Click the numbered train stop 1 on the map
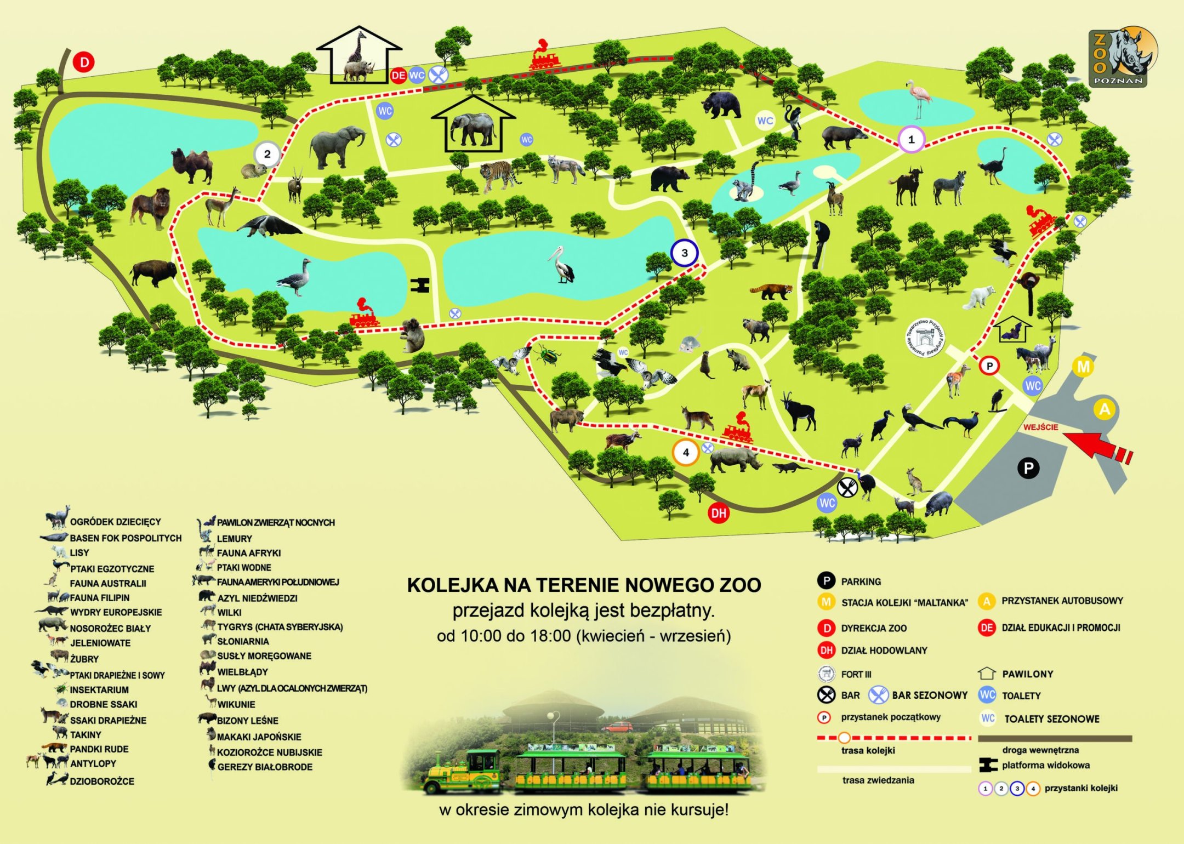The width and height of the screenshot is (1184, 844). [x=911, y=139]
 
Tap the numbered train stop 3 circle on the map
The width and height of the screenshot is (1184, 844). [x=684, y=253]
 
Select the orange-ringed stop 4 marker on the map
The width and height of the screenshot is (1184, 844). [x=686, y=453]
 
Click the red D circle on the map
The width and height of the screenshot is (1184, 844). [x=84, y=62]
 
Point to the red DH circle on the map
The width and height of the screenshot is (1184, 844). [x=718, y=514]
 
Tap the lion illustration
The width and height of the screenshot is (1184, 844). [x=151, y=207]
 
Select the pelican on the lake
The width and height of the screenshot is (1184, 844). [x=562, y=265]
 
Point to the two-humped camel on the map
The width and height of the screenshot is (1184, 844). [x=192, y=164]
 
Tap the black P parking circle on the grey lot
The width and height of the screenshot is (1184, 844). [x=1028, y=468]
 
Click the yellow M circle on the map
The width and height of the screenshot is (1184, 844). [x=1083, y=367]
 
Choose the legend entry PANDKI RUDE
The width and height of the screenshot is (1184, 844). [x=99, y=749]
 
